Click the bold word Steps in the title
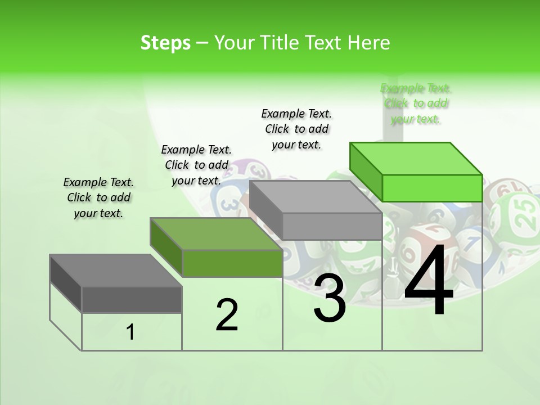tap(165, 43)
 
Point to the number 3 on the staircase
tap(329, 298)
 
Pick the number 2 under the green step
tap(227, 315)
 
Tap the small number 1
tap(130, 332)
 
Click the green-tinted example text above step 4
tap(416, 103)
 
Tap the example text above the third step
tap(296, 129)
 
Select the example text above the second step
tap(196, 165)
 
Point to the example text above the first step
tap(98, 197)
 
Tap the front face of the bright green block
tap(432, 188)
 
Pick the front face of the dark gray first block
tap(132, 299)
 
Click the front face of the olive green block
tap(232, 263)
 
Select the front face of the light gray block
tap(332, 226)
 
